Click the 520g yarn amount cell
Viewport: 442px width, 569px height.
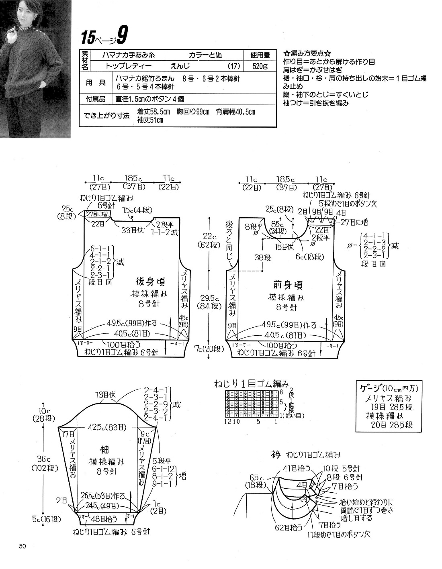pos(260,66)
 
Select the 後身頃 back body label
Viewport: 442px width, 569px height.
pos(150,281)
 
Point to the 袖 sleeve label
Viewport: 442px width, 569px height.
pos(104,449)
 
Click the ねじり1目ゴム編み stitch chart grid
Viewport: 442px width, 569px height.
pos(252,403)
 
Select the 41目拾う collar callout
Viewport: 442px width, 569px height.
pos(297,467)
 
